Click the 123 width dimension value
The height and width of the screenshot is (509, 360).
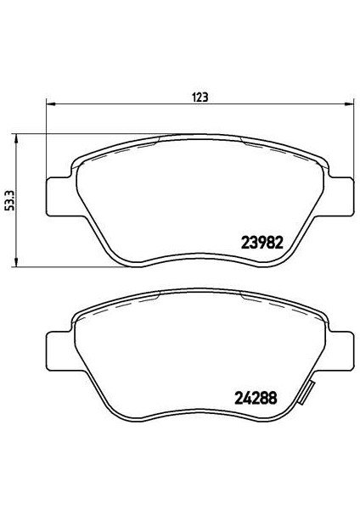pyautogui.click(x=200, y=97)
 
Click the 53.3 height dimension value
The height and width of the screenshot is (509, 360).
pyautogui.click(x=11, y=201)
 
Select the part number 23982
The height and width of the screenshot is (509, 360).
pyautogui.click(x=262, y=242)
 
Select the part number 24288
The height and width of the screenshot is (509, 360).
pyautogui.click(x=256, y=398)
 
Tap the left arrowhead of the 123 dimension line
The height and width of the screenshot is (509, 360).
pyautogui.click(x=51, y=103)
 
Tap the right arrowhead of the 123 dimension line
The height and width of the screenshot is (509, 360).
pyautogui.click(x=349, y=103)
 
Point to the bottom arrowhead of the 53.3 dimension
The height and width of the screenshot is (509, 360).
pyautogui.click(x=15, y=262)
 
